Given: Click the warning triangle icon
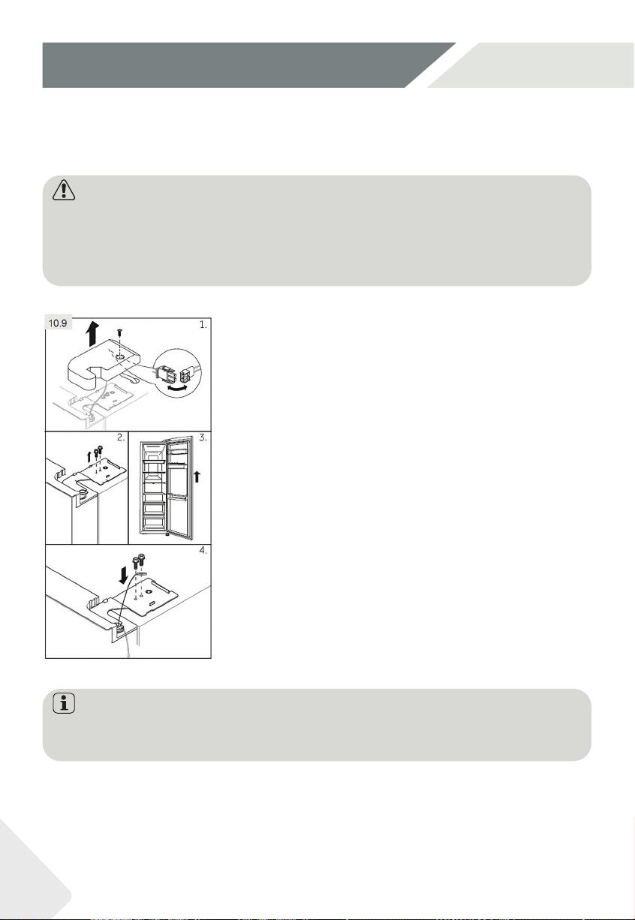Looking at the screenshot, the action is point(64,190).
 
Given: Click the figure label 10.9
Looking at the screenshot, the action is point(58,323).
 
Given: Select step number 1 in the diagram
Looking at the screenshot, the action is point(203,324).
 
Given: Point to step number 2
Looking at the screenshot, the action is point(120,437).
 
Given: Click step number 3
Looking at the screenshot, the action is point(203,437).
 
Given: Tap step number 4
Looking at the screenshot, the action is point(203,550).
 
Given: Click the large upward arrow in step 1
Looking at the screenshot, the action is point(94,334).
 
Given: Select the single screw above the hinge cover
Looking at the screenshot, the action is point(119,332).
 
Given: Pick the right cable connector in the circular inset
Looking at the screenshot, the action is point(188,374).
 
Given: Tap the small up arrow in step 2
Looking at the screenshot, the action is point(89,456).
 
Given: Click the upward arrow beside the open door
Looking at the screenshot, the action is point(197,477).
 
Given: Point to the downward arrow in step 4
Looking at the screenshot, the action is point(123,576).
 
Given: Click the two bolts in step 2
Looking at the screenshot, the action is point(98,451).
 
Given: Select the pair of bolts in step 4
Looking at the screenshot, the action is point(139,561).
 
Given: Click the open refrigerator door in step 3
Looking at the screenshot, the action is point(180,487).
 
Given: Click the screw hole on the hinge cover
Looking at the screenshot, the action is point(119,358).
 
